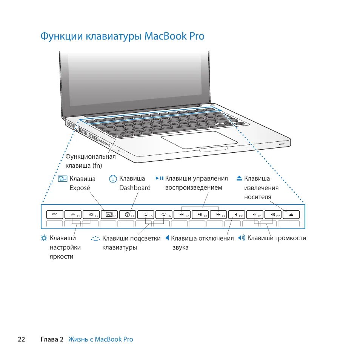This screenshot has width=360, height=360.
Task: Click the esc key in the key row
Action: coord(55,214)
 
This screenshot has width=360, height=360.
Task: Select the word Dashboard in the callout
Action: coord(135,188)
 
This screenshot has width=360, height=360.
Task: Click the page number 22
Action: coord(21,339)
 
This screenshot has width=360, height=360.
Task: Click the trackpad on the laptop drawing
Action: coord(200,139)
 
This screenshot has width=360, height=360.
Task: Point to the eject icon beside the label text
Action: coord(239,178)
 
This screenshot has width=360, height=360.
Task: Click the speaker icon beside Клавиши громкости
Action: coord(242,238)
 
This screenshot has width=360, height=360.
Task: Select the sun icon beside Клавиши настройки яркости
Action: coord(45,238)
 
